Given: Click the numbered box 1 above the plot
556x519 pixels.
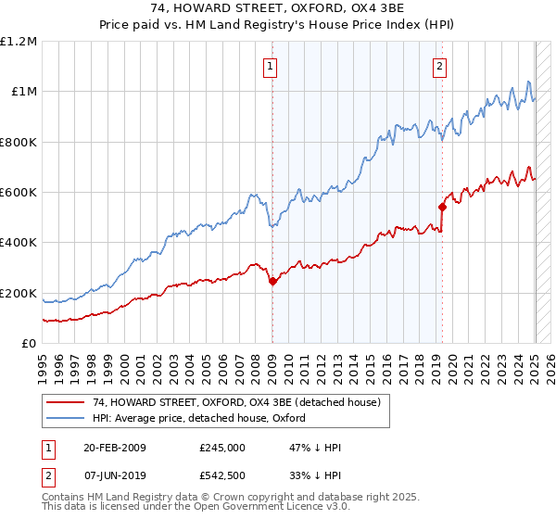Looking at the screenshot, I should point(270,66).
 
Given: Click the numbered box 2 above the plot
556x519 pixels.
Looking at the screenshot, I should point(437,66).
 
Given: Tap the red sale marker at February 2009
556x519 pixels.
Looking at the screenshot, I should point(272,282).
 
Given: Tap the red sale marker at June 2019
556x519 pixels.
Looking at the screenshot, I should point(442,207).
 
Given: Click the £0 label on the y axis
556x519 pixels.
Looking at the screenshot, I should point(28,344).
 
